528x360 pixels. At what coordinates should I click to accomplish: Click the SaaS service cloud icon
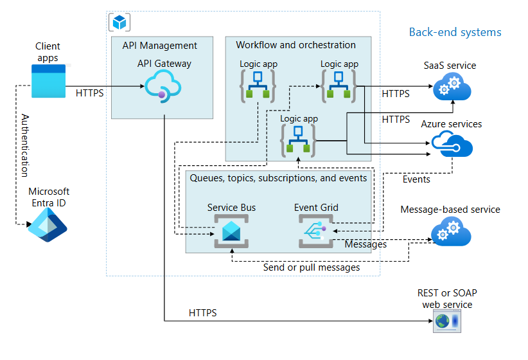[x=452, y=86]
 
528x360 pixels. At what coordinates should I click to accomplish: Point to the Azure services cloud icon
[x=452, y=144]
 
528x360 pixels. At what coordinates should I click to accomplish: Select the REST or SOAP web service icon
[x=446, y=321]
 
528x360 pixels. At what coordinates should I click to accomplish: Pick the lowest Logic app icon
[x=297, y=141]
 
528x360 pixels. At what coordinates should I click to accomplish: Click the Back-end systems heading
[x=455, y=32]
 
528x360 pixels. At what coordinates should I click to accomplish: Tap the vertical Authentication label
[x=25, y=145]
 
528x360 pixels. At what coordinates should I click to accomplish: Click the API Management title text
[x=159, y=46]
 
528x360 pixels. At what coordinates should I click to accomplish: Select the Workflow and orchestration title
[x=295, y=45]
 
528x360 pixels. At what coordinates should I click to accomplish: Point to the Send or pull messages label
[x=312, y=267]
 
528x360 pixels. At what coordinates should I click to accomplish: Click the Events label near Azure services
[x=416, y=179]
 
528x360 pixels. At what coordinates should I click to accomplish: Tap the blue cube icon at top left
[x=119, y=22]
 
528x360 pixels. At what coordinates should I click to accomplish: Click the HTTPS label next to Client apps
[x=89, y=93]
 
